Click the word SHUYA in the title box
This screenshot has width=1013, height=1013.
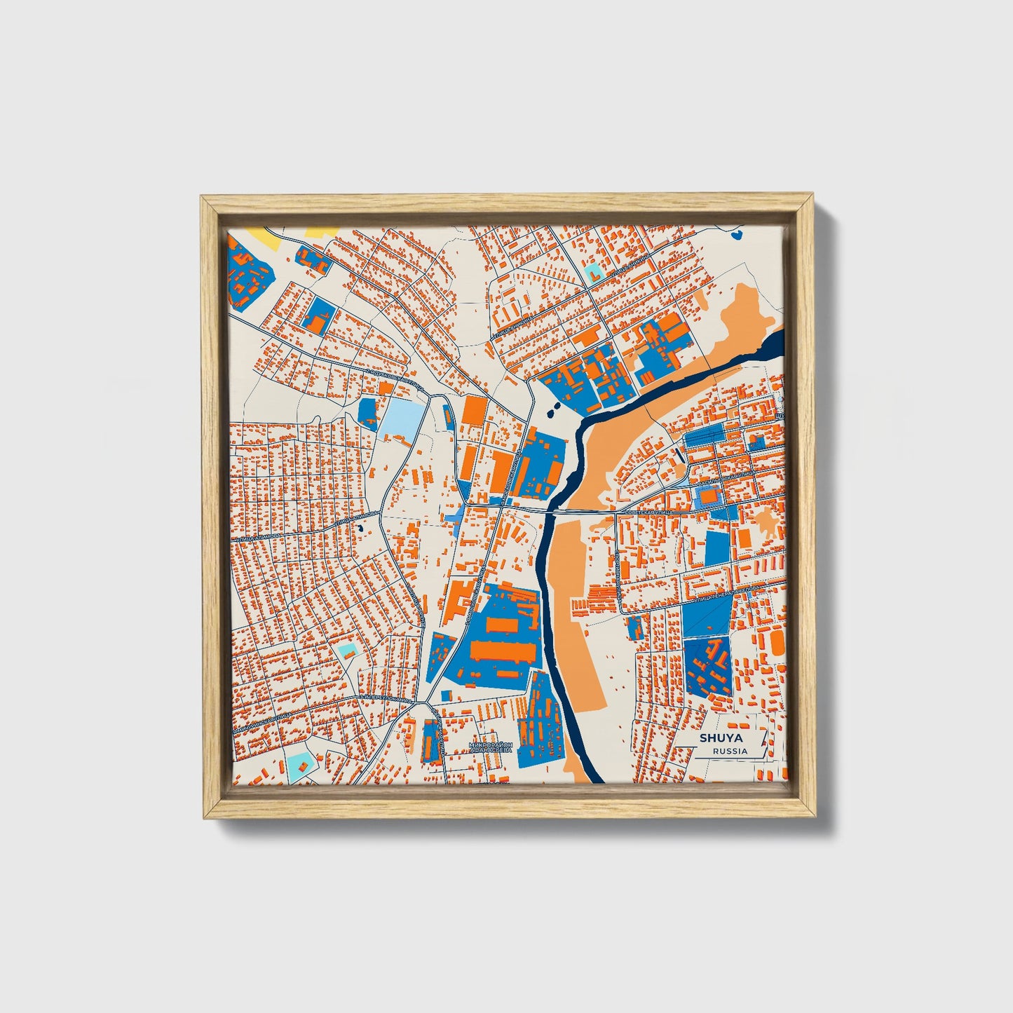tap(721, 738)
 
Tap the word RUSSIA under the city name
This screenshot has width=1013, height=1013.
tap(729, 751)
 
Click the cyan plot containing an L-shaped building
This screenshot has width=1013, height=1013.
tap(593, 271)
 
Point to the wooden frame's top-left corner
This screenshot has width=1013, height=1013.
tap(202, 198)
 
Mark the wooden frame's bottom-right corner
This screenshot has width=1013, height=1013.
tap(816, 817)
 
